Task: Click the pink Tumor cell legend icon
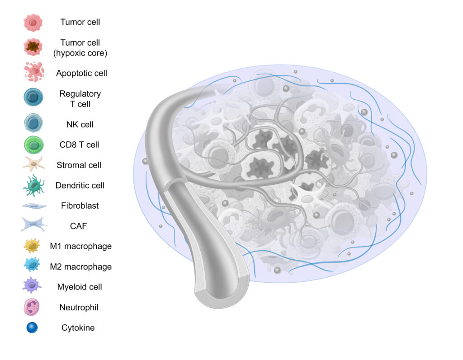33,23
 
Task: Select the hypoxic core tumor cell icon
33,47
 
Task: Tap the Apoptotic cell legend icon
34,71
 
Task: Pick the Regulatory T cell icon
33,97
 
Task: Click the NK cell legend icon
33,123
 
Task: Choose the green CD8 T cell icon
33,145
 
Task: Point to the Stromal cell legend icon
33,164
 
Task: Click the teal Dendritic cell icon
34,185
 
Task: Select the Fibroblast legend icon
34,206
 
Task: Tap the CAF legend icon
33,224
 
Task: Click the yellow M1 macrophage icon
32,246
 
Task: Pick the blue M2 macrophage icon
32,264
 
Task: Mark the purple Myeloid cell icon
32,285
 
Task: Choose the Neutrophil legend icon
32,307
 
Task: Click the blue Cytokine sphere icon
32,327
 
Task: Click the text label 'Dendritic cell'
80,185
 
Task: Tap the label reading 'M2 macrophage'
81,267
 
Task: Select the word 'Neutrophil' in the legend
79,308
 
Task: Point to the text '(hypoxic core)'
80,53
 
